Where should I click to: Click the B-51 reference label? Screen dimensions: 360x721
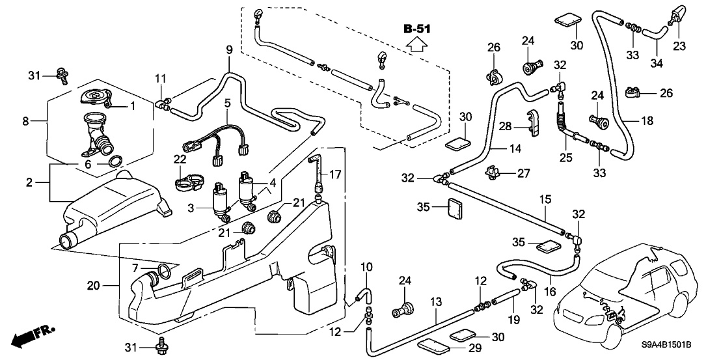tap(417, 29)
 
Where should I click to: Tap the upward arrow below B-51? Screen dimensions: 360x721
tap(417, 45)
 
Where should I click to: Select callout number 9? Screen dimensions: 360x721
tap(228, 49)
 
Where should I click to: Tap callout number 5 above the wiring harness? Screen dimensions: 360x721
tap(227, 102)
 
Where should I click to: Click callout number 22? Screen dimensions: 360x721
tap(180, 159)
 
